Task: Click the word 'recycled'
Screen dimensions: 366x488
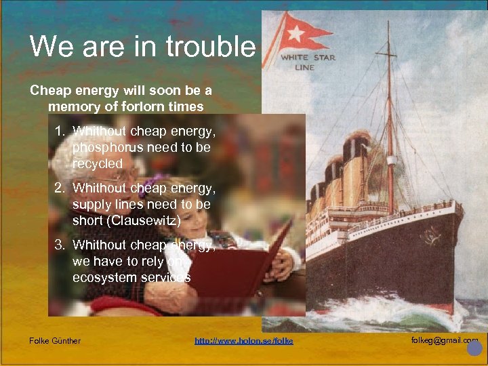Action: pyautogui.click(x=98, y=163)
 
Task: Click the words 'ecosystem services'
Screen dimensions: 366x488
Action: pyautogui.click(x=131, y=277)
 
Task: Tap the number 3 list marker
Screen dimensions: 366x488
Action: pyautogui.click(x=60, y=245)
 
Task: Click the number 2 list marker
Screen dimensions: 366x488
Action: pyautogui.click(x=60, y=188)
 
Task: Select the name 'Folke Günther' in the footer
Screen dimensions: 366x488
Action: pyautogui.click(x=55, y=340)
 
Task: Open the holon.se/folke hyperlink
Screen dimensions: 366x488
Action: pyautogui.click(x=244, y=340)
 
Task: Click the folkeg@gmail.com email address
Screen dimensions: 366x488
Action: pyautogui.click(x=444, y=340)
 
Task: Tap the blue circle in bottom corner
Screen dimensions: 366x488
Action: pyautogui.click(x=474, y=348)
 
